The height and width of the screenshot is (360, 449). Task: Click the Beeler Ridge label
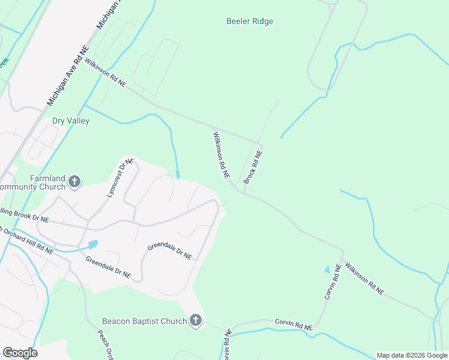(250, 22)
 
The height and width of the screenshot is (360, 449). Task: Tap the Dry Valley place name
(71, 121)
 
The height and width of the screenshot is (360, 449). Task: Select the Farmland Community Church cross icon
(74, 182)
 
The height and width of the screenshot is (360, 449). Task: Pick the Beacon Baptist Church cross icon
(195, 321)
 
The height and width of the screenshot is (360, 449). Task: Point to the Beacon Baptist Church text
(144, 321)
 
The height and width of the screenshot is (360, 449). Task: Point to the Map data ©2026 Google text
(412, 355)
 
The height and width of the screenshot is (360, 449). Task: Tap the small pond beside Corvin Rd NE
(327, 270)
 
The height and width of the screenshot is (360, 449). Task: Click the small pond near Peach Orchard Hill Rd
(92, 244)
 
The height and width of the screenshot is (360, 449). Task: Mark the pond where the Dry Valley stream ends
(178, 175)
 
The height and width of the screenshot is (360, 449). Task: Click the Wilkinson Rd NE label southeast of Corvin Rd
(363, 279)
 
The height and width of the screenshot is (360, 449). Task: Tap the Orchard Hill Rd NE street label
(27, 239)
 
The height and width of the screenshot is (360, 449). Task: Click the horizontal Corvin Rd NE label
(294, 325)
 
